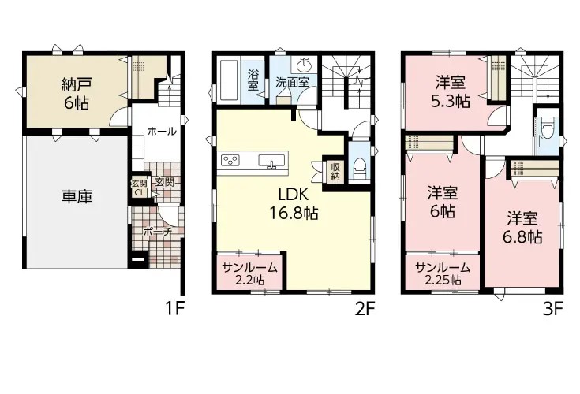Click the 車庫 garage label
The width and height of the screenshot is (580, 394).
click(77, 196)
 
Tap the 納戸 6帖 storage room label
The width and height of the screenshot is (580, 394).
click(77, 94)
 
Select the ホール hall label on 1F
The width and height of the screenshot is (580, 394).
click(162, 131)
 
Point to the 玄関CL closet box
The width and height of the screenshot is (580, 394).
click(140, 188)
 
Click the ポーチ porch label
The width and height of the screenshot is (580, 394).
click(157, 232)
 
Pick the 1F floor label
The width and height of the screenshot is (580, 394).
click(174, 309)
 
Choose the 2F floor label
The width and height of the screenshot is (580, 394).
click(365, 309)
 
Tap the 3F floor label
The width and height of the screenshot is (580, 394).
click(552, 309)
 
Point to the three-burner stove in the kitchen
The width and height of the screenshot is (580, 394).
click(230, 160)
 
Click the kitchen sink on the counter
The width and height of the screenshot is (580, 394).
click(272, 162)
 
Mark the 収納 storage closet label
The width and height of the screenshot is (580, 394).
click(335, 172)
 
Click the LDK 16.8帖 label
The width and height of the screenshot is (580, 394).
click(294, 203)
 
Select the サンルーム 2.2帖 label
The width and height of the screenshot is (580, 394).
click(249, 273)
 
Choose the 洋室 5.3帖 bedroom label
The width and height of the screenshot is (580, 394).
click(450, 91)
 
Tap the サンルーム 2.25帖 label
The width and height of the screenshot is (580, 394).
click(443, 273)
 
